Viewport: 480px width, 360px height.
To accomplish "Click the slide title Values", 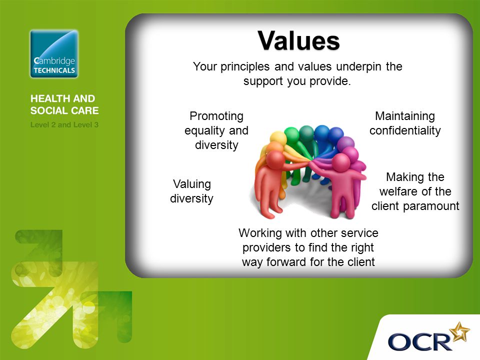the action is click(298, 40).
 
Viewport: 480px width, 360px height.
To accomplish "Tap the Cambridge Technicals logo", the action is click(54, 54).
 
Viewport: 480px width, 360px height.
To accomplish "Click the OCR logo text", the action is click(419, 341).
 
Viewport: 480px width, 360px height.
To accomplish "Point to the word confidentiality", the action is click(405, 130).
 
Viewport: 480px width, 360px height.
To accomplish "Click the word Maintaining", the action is click(405, 116).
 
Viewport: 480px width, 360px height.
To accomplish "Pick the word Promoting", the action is click(216, 116).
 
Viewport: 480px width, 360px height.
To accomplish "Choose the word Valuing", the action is click(192, 184).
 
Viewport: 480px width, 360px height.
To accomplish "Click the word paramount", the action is click(431, 206).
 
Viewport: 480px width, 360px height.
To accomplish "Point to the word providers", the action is click(266, 247).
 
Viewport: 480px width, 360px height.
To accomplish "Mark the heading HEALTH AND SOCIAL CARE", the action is click(64, 104).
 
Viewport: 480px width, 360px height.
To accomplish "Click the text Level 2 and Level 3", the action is click(64, 125).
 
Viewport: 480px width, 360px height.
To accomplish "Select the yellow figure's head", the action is click(278, 137).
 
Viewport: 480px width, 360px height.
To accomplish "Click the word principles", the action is click(245, 66).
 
